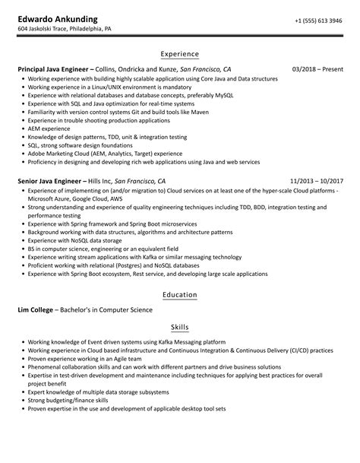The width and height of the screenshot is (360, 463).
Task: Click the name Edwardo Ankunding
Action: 62,18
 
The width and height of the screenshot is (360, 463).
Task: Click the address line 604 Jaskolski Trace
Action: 65,30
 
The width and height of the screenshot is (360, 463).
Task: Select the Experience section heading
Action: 180,54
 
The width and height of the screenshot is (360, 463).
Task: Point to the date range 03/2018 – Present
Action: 316,69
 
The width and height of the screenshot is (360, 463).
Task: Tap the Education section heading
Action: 180,294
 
